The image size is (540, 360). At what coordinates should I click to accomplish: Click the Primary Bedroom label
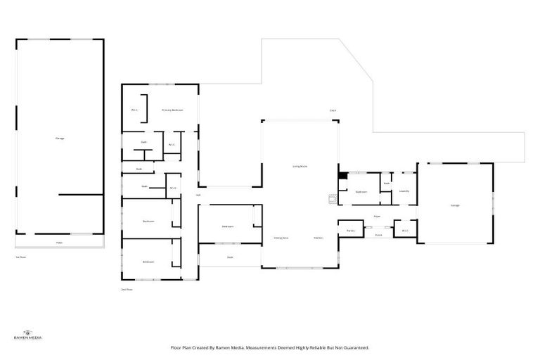pos(172,110)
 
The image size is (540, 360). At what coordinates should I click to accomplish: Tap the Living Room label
pos(300,166)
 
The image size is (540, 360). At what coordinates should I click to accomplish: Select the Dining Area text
pos(282,238)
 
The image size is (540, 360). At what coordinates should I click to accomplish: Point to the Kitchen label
pos(319,238)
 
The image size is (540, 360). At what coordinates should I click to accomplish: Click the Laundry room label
pos(404,191)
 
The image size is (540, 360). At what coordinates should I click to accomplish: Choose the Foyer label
pos(377,217)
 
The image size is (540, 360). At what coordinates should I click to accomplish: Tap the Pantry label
pos(349,231)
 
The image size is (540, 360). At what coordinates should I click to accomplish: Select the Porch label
pos(378,235)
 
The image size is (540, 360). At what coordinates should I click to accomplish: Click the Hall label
pos(198,195)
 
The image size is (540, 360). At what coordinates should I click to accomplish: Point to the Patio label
pos(59,243)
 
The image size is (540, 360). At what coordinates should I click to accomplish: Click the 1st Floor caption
pos(20,257)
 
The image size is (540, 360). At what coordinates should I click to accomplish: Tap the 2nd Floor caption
pos(127,289)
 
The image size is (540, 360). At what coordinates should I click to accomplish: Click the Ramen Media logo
pos(28,336)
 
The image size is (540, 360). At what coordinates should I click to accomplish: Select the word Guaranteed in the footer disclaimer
pos(354,347)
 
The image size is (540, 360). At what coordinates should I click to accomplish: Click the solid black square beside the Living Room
pos(342,176)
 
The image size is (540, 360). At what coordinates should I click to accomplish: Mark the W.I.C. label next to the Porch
pos(405,231)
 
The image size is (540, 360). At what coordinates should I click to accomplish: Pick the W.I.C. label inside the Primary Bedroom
pos(134,110)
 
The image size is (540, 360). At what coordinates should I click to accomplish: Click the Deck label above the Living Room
pos(333,110)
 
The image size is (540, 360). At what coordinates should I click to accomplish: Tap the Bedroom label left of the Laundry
pos(361,191)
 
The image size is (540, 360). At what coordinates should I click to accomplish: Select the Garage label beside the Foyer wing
pos(455,205)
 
